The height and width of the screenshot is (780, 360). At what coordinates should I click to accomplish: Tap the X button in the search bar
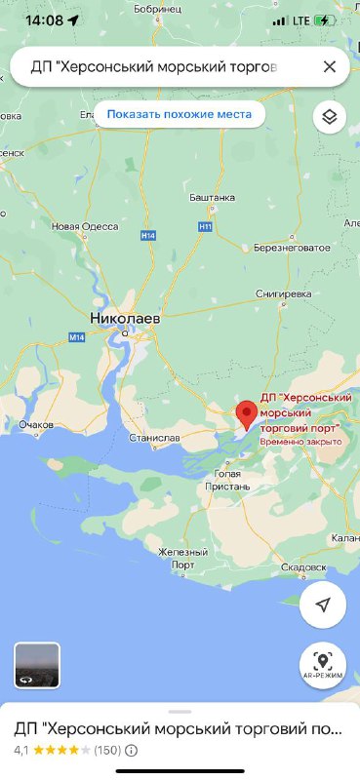coord(330,66)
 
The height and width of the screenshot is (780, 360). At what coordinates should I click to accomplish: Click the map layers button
coord(330,117)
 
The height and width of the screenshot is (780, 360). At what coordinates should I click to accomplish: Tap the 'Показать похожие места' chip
coord(179,114)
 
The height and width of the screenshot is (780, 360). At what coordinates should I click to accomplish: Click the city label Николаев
coord(124,318)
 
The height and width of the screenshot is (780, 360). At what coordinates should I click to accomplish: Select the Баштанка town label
coord(214,198)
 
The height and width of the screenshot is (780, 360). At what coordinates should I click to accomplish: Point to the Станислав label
coord(154,438)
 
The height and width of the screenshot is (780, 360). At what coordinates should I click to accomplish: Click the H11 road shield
coord(204,227)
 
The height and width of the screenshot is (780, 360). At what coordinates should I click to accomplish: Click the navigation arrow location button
coord(322,604)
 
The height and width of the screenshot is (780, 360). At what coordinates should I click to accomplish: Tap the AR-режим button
coord(322,665)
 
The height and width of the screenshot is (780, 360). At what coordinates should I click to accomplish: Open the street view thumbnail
coord(37,665)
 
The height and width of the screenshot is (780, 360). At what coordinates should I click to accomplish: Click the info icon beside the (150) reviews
coord(131,751)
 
